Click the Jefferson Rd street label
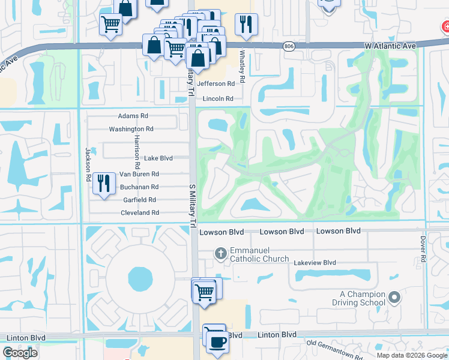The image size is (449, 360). (x=215, y=84)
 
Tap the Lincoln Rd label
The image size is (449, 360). (x=217, y=98)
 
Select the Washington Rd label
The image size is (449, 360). (x=131, y=129)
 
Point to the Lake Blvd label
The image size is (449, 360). (x=158, y=158)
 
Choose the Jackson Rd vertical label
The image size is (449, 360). (x=88, y=165)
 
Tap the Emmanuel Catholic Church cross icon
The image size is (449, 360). (x=220, y=253)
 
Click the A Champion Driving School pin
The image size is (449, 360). (x=394, y=297)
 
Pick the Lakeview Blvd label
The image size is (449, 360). (x=314, y=263)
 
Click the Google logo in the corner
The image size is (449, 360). (x=20, y=353)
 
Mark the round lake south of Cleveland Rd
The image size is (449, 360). (x=140, y=278)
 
